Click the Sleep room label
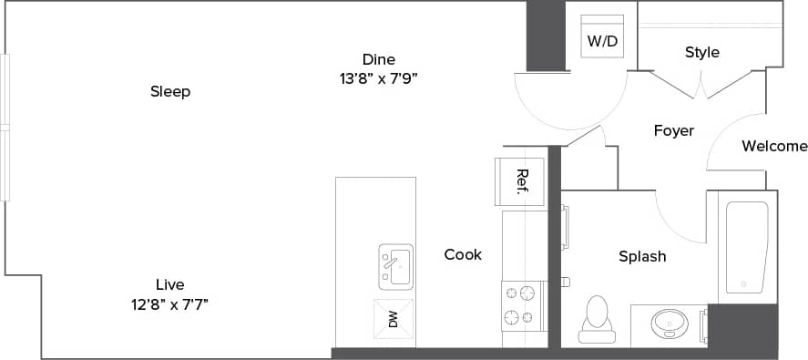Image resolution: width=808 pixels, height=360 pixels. point(170,91)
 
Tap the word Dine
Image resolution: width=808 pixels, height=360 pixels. point(379,59)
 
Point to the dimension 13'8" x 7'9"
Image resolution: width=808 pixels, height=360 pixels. point(378,78)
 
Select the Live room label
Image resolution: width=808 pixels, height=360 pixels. point(170,284)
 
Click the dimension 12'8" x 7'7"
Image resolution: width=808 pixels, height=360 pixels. point(170,303)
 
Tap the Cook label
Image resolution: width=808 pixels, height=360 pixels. point(463,255)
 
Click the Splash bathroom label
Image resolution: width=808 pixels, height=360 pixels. point(642,256)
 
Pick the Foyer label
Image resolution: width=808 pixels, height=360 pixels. point(674,130)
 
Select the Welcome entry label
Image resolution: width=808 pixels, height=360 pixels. point(774,146)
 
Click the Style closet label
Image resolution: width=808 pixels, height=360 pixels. point(702,52)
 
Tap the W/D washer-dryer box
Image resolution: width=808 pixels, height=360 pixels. point(602,38)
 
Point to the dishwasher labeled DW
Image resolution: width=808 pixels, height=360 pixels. point(394,318)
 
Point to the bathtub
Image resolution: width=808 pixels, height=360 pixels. point(746,247)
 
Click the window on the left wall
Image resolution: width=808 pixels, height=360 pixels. point(5,128)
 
